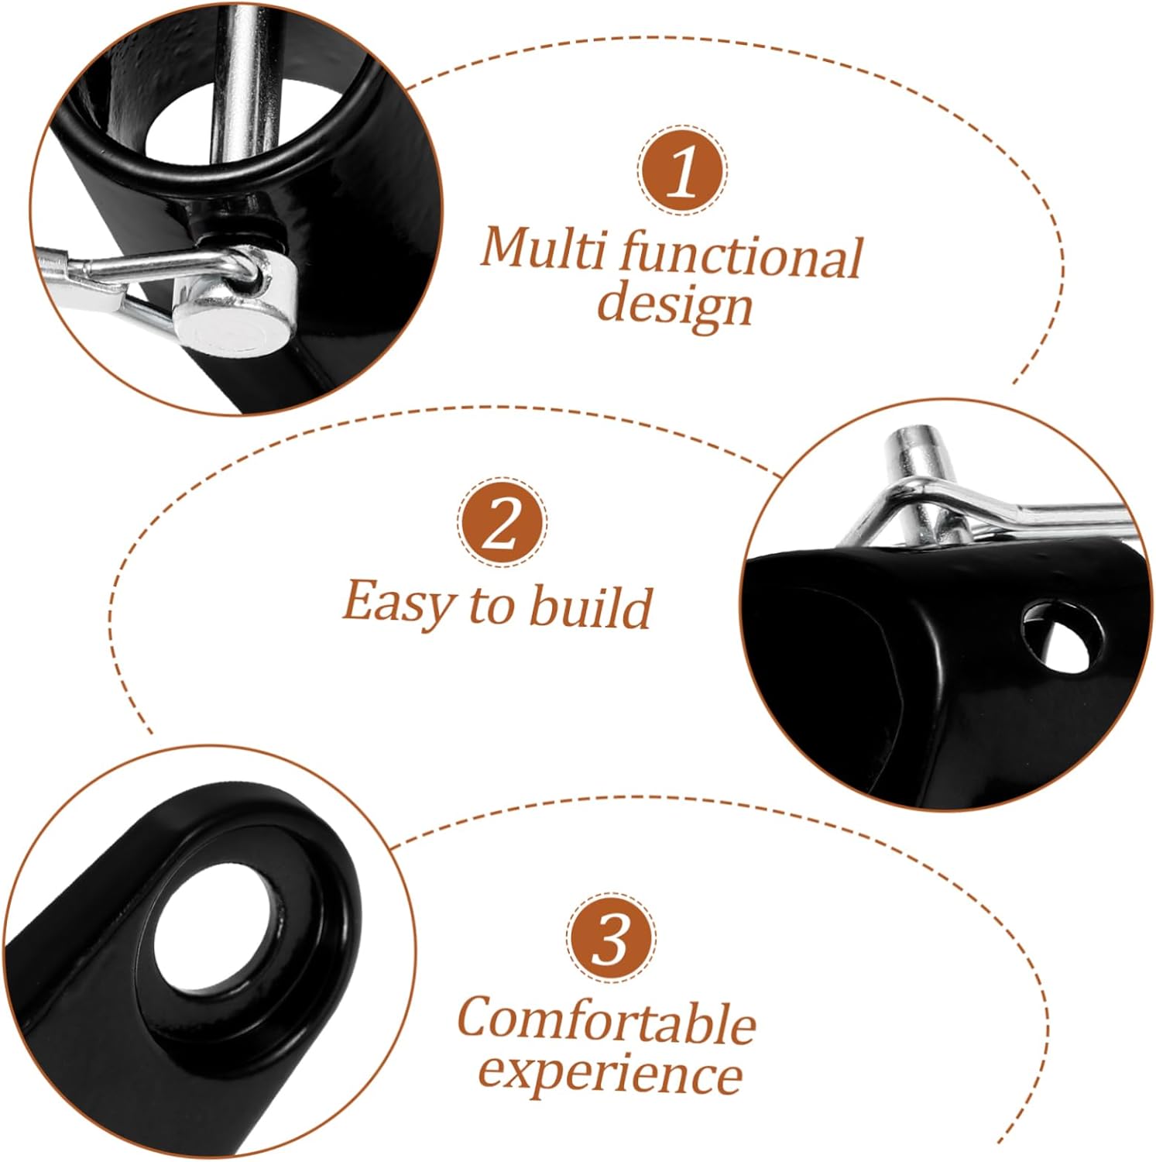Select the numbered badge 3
[611, 937]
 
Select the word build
[590, 607]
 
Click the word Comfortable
[606, 1022]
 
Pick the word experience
[610, 1074]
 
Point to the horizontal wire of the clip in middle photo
[1069, 515]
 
